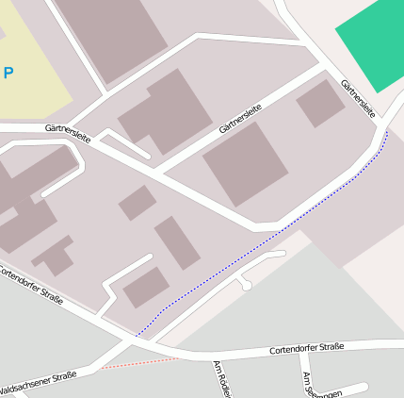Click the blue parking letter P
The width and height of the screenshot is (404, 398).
(x=8, y=73)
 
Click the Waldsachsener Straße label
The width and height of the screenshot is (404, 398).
(x=39, y=381)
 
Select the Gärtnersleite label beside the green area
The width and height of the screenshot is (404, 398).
(x=359, y=98)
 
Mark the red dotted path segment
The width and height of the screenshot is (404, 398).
(x=141, y=363)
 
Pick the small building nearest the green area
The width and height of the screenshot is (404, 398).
(x=320, y=104)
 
